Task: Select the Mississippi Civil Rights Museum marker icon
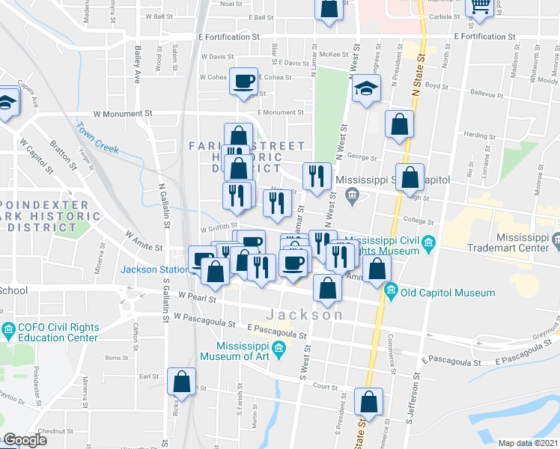coord(428,242)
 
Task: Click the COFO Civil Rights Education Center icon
coord(8,329)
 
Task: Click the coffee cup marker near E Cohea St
coord(243,80)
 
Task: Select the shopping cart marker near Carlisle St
coord(479,7)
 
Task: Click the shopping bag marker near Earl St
coord(182,382)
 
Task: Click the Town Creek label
coord(97,138)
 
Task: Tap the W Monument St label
coord(123,114)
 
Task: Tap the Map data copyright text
coord(528,443)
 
